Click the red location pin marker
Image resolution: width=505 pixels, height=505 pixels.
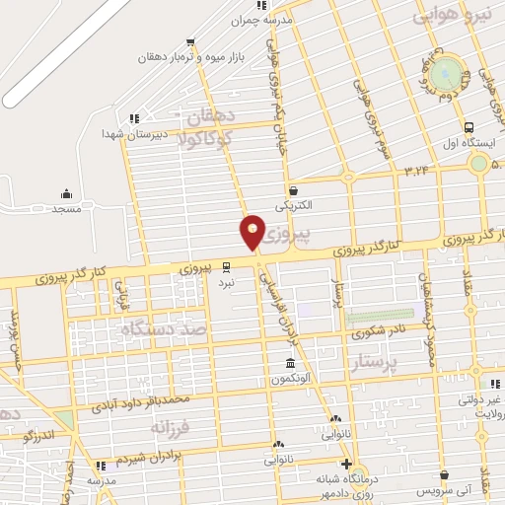(253, 232)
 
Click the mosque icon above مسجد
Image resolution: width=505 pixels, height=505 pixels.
(66, 192)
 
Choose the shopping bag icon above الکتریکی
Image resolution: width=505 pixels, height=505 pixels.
(293, 190)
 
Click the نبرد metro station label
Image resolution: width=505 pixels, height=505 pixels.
(227, 281)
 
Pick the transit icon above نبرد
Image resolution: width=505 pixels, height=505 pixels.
(227, 266)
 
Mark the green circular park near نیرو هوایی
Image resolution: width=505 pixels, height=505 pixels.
(447, 72)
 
